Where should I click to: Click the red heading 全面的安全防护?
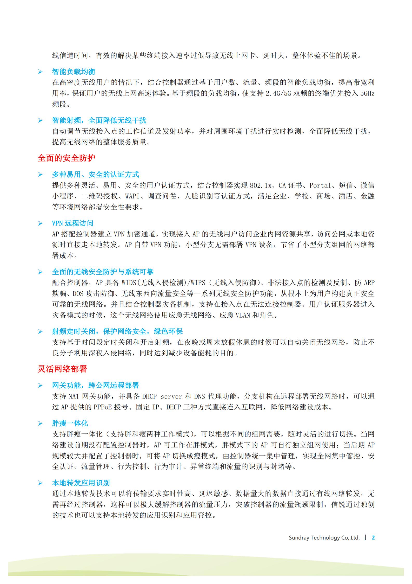tap(66, 158)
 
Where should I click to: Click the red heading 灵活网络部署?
tap(62, 369)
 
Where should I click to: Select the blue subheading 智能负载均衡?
tap(74, 72)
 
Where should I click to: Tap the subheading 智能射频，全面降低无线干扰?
tap(99, 120)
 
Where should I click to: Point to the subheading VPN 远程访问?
tap(72, 223)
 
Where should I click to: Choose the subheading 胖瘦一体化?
tap(70, 423)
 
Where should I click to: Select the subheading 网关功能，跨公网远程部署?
tap(95, 385)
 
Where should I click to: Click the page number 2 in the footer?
tap(373, 537)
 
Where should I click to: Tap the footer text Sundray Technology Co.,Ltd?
tap(324, 538)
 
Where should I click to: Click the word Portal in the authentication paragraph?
tap(320, 185)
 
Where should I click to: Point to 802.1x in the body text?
tap(260, 185)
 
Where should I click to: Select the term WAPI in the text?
tap(132, 196)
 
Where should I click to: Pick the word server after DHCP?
tap(171, 396)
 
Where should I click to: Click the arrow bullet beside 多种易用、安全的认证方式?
tap(40, 175)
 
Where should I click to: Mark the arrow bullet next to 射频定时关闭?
tap(40, 331)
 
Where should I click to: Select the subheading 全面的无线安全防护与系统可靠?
tap(103, 272)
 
